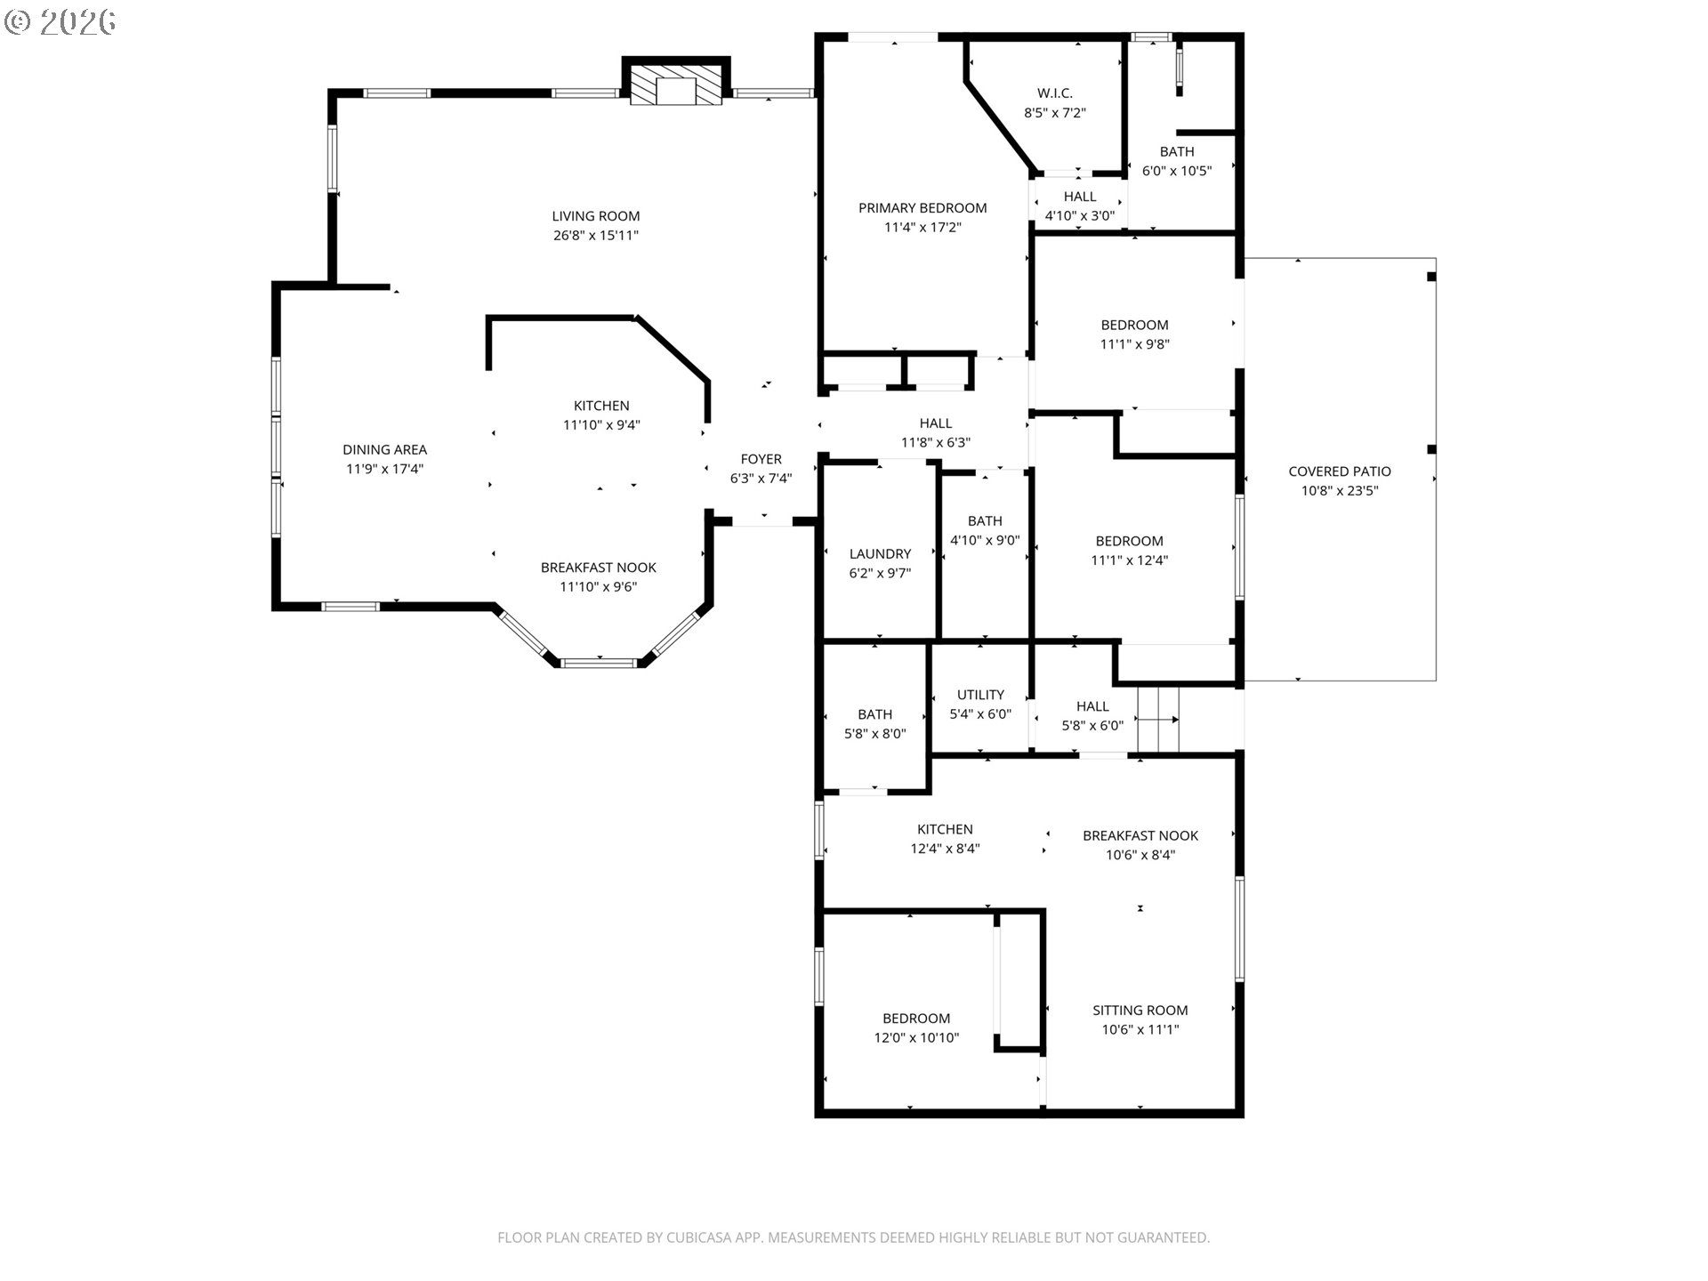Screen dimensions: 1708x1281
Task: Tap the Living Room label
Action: click(595, 216)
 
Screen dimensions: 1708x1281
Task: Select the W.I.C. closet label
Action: click(1055, 93)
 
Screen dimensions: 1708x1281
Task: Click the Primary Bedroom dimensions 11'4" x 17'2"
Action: click(922, 228)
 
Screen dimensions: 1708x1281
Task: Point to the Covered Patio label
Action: click(1340, 471)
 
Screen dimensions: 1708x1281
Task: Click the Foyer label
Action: click(761, 459)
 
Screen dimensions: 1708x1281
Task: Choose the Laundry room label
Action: click(880, 554)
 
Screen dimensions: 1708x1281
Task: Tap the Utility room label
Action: click(980, 695)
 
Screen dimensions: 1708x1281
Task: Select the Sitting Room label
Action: click(1140, 1011)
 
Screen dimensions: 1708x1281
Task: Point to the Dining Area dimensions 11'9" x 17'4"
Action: click(384, 470)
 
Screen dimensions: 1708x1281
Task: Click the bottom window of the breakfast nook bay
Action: click(600, 662)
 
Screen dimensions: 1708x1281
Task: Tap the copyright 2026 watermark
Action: click(60, 22)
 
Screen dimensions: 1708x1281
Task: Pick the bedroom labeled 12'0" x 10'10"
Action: click(916, 1028)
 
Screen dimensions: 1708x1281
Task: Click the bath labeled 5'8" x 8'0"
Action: click(875, 724)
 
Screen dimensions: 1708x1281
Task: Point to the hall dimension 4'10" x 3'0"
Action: click(1080, 216)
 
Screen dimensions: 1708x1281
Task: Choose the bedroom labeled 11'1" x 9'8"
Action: click(1134, 334)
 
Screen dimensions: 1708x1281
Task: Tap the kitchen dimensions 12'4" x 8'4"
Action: click(945, 850)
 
